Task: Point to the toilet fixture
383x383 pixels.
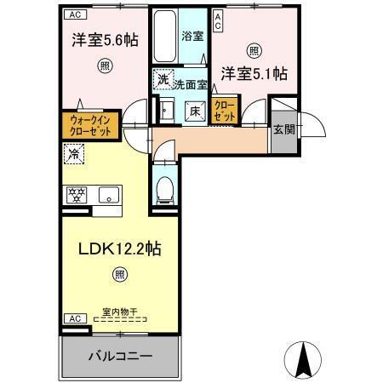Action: [x=166, y=189]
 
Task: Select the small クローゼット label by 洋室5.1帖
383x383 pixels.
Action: [x=226, y=110]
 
